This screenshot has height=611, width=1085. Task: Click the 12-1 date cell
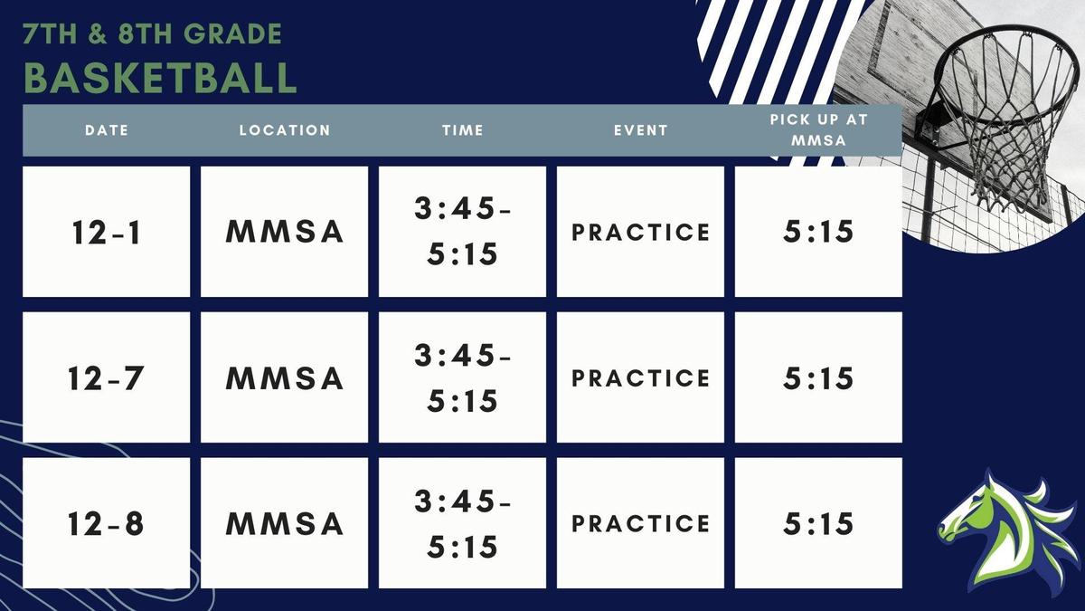[x=106, y=232]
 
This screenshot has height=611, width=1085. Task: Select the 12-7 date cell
[x=106, y=377]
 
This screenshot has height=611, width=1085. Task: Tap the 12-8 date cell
[x=106, y=523]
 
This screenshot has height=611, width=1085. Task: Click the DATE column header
[x=107, y=130]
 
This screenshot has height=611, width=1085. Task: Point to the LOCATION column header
[x=285, y=130]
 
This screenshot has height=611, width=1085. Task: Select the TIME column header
[x=462, y=130]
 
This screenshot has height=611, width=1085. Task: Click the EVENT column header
[x=640, y=130]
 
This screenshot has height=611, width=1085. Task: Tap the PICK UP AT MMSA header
[x=817, y=130]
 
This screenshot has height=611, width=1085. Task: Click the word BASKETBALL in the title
[x=160, y=78]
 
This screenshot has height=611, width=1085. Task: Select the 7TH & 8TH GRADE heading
[x=153, y=34]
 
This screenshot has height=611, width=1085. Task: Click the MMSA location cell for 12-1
[x=284, y=232]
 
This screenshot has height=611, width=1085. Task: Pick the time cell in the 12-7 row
[x=462, y=377]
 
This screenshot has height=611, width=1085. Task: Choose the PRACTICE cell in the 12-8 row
[x=640, y=523]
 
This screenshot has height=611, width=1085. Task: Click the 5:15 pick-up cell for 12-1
[x=818, y=232]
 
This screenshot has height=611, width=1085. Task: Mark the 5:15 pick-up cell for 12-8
[x=818, y=523]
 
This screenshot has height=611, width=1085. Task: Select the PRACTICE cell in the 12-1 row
[x=640, y=232]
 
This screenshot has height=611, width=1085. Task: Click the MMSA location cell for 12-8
[x=284, y=523]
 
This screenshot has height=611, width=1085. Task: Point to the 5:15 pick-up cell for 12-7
[x=818, y=377]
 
